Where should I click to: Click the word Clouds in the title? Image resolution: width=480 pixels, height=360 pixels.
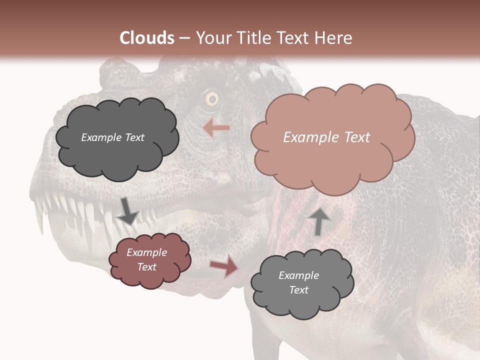tap(147, 37)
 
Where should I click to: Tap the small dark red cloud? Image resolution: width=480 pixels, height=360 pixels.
tap(149, 260)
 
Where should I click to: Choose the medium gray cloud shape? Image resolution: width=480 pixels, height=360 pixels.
tap(301, 283)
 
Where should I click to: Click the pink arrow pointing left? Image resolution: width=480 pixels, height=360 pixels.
tap(216, 128)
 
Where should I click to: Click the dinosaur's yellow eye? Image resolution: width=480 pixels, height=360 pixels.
tap(212, 99)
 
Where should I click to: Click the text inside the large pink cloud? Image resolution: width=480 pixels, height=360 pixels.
tap(326, 137)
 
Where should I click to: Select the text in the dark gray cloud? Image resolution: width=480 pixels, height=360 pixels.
tap(112, 137)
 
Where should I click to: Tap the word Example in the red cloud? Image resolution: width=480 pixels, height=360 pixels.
tap(146, 252)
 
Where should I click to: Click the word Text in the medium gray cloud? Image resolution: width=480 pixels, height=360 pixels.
tap(299, 290)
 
